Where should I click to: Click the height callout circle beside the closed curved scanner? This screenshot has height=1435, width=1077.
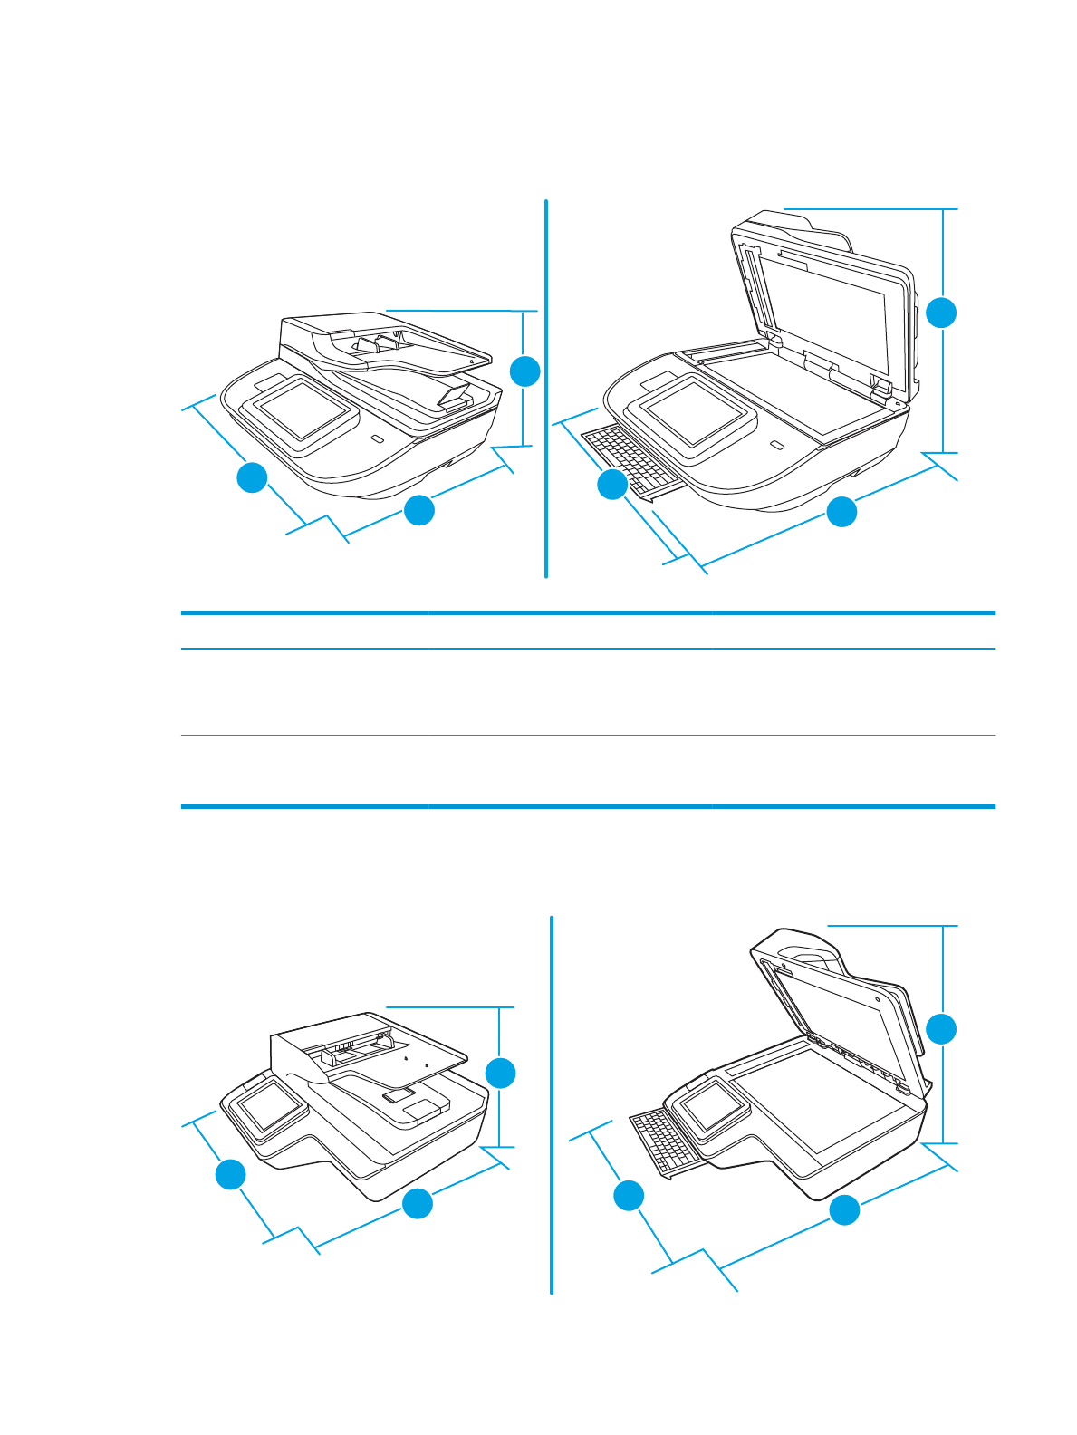pos(524,371)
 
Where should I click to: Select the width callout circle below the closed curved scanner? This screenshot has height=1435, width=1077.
pos(418,510)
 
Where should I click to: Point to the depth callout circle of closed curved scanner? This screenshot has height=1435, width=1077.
pos(252,477)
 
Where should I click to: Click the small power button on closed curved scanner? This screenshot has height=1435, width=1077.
pos(377,439)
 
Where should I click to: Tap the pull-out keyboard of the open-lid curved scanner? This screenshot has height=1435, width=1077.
pos(628,455)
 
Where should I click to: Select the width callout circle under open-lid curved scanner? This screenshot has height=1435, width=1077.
pos(841,512)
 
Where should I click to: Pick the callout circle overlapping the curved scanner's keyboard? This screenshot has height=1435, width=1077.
pos(612,485)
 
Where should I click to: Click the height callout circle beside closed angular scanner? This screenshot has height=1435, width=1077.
pos(501,1074)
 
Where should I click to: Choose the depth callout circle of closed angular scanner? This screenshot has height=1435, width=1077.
pos(230,1175)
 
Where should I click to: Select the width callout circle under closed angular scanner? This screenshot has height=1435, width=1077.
pos(417,1204)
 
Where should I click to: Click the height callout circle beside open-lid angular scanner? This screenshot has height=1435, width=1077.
pos(942,1029)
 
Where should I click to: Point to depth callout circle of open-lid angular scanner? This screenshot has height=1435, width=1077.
pos(629,1196)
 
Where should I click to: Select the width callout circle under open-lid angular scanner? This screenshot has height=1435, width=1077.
pos(844,1210)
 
